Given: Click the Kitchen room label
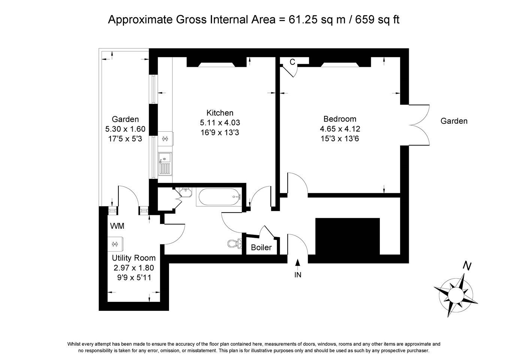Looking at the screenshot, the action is pyautogui.click(x=220, y=113).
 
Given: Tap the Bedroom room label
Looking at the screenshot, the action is pyautogui.click(x=340, y=119).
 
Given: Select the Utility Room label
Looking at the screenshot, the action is pyautogui.click(x=134, y=258).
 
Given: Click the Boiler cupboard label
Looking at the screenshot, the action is pyautogui.click(x=261, y=247).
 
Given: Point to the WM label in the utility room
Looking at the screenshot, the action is pyautogui.click(x=117, y=226).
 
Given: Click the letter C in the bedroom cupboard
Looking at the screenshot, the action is pyautogui.click(x=292, y=62).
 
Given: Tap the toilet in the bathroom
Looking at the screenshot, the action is pyautogui.click(x=235, y=244).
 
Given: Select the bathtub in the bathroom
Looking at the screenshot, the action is pyautogui.click(x=220, y=197).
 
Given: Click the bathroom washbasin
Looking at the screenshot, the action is pyautogui.click(x=186, y=192).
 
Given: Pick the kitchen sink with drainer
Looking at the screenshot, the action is pyautogui.click(x=165, y=163).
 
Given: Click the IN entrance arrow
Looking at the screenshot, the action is pyautogui.click(x=298, y=262).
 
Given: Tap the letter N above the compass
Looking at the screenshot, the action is pyautogui.click(x=468, y=266).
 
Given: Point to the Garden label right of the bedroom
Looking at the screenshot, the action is pyautogui.click(x=454, y=121).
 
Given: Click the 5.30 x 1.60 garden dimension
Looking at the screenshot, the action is pyautogui.click(x=125, y=129).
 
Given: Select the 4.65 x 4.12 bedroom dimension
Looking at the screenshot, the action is pyautogui.click(x=340, y=129).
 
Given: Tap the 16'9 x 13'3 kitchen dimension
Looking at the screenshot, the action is pyautogui.click(x=220, y=132).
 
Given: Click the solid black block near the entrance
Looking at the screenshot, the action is pyautogui.click(x=347, y=237).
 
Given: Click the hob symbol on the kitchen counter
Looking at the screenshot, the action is pyautogui.click(x=165, y=138).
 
